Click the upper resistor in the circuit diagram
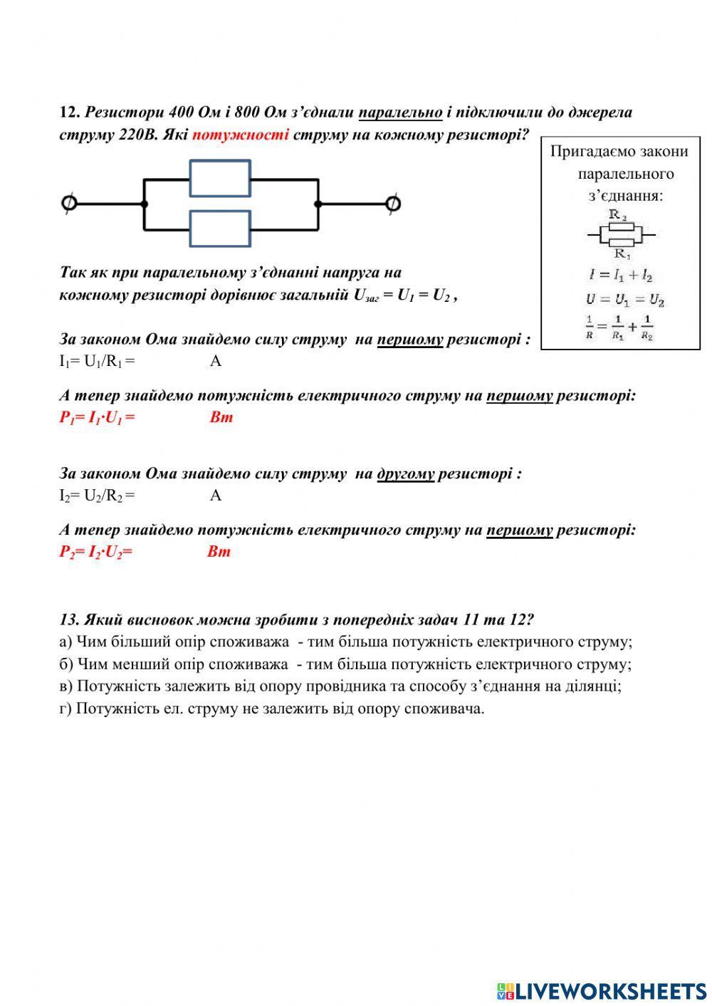220,178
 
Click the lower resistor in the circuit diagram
220,229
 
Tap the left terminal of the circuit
69,204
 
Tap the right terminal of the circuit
392,204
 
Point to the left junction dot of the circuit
145,204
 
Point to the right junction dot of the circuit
318,204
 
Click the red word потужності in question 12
240,134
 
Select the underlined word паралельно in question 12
400,112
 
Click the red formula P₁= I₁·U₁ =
97,417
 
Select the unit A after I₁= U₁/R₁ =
215,361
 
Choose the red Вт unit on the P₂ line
219,552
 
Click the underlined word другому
405,473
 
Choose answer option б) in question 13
345,664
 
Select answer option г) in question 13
271,709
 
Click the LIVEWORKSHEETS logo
602,990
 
